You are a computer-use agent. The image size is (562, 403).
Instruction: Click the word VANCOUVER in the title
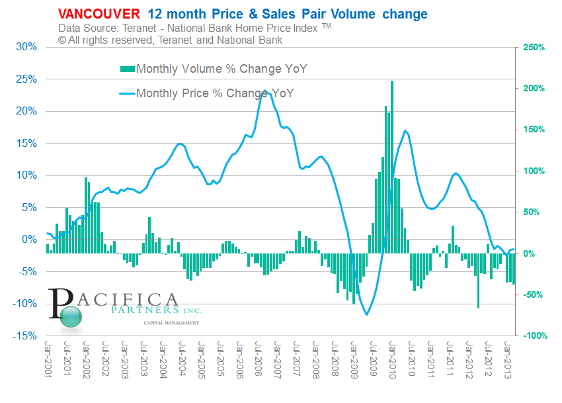coord(99,14)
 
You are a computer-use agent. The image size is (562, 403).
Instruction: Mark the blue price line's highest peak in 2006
coord(264,91)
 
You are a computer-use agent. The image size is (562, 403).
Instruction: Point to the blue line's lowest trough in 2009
coord(366,314)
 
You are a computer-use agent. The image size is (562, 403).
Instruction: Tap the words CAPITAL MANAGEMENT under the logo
coord(171,322)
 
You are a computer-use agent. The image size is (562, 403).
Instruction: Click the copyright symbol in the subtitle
coord(62,40)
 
